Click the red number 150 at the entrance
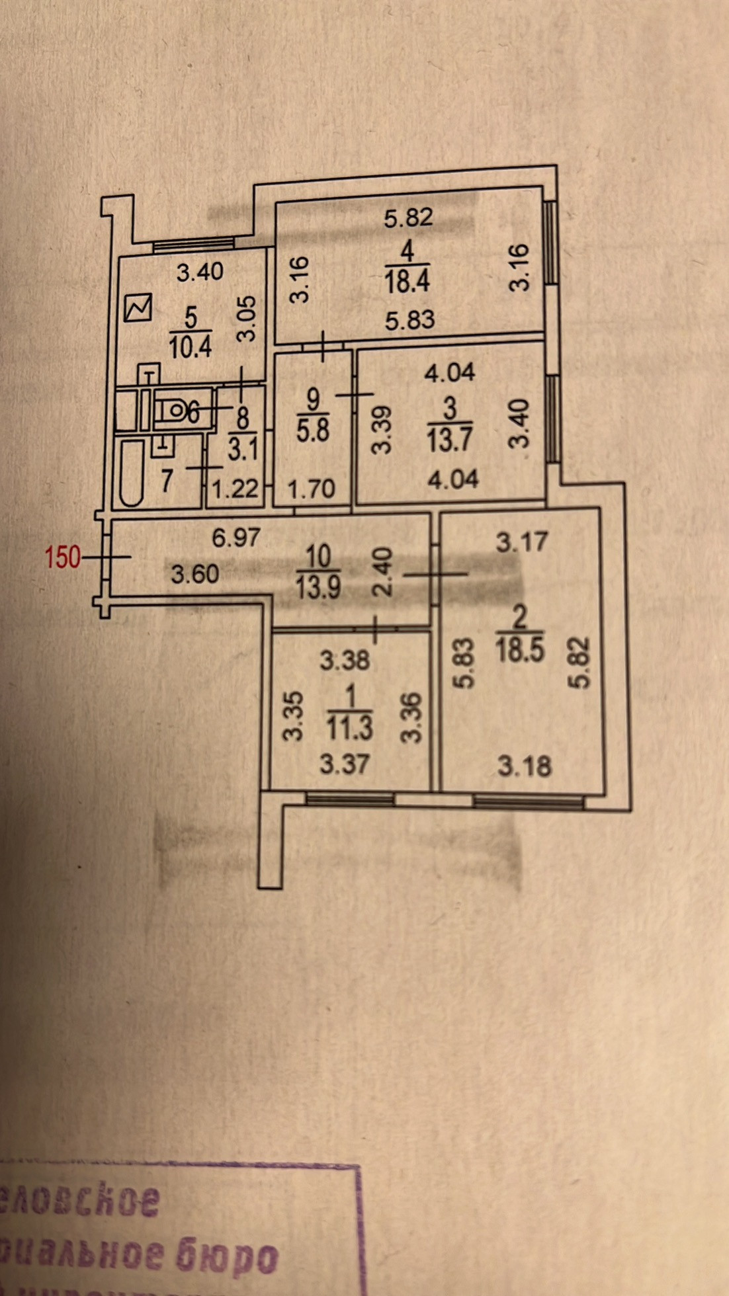pyautogui.click(x=62, y=557)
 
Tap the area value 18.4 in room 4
pyautogui.click(x=407, y=281)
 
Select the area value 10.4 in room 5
pyautogui.click(x=190, y=346)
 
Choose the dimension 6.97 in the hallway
pyautogui.click(x=236, y=537)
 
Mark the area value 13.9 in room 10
pyautogui.click(x=318, y=585)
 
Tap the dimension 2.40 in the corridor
pyautogui.click(x=384, y=569)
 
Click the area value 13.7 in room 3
pyautogui.click(x=449, y=439)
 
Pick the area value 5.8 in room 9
pyautogui.click(x=313, y=431)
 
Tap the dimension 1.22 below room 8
pyautogui.click(x=235, y=489)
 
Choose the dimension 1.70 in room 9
pyautogui.click(x=312, y=489)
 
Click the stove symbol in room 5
pyautogui.click(x=138, y=308)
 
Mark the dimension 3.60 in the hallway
pyautogui.click(x=194, y=573)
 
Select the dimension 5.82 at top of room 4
pyautogui.click(x=408, y=218)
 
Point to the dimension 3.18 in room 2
pyautogui.click(x=524, y=766)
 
